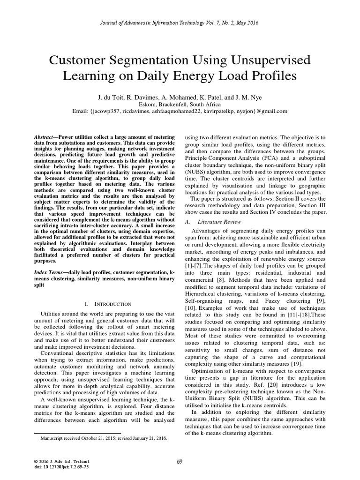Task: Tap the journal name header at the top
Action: click(x=180, y=22)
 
